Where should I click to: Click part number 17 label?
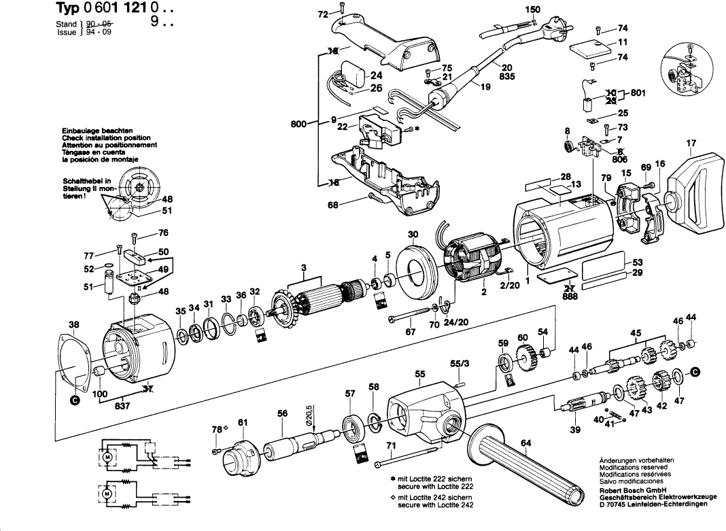(x=691, y=143)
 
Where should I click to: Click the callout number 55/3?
(x=460, y=365)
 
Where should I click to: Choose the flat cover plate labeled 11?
(x=588, y=49)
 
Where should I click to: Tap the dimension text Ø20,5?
(x=309, y=414)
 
